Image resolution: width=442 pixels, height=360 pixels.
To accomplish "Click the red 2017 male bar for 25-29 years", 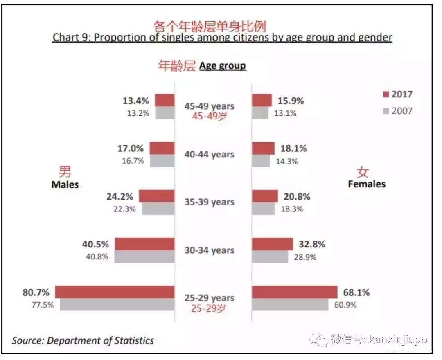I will [x=115, y=292].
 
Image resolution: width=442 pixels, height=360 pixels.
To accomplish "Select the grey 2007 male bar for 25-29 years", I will [x=117, y=304].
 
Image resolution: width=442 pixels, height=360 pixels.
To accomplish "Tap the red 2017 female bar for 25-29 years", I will [x=295, y=292].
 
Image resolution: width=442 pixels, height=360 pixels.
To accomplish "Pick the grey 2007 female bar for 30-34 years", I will [x=270, y=257].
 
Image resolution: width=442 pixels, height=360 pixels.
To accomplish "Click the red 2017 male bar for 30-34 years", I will [x=144, y=244].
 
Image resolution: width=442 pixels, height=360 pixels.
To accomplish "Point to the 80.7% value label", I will [x=36, y=292].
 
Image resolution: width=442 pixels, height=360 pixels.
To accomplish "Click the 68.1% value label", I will [x=356, y=292].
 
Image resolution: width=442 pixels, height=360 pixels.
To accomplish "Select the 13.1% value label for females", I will [x=285, y=113].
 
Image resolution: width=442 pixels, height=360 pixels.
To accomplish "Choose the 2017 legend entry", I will [x=398, y=94].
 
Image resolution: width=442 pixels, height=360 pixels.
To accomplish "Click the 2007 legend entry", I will [x=398, y=111].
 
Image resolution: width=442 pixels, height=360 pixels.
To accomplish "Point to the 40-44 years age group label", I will [x=209, y=155].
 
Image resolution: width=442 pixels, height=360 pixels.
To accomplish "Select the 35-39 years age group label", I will [x=209, y=202].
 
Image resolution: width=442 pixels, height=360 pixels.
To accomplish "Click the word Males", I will [x=65, y=184].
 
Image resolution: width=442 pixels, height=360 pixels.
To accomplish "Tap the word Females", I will [x=367, y=184].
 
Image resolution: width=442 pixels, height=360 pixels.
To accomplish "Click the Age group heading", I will [x=223, y=66].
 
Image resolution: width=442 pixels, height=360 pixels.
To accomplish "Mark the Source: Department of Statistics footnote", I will [x=83, y=340].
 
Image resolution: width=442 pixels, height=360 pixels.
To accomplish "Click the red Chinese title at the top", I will [x=210, y=26].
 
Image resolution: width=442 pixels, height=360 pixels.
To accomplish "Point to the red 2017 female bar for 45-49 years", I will [x=262, y=100].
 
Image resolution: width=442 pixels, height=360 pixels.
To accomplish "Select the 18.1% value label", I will [x=293, y=148].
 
